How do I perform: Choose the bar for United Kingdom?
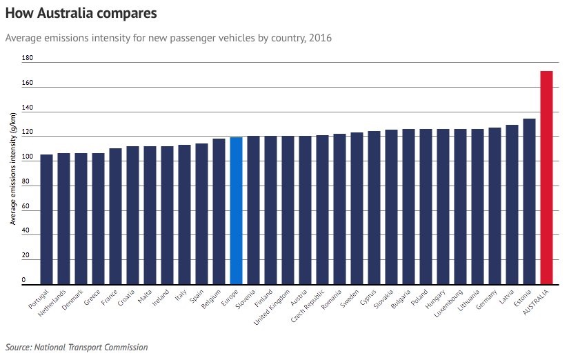click(288, 210)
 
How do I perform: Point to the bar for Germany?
click(495, 206)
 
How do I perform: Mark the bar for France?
click(115, 216)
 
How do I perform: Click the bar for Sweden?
click(357, 208)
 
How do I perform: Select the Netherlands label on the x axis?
click(53, 303)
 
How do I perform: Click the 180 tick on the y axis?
click(28, 59)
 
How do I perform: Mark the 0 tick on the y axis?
click(23, 280)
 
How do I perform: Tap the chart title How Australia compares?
click(81, 13)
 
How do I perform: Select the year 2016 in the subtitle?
click(319, 38)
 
